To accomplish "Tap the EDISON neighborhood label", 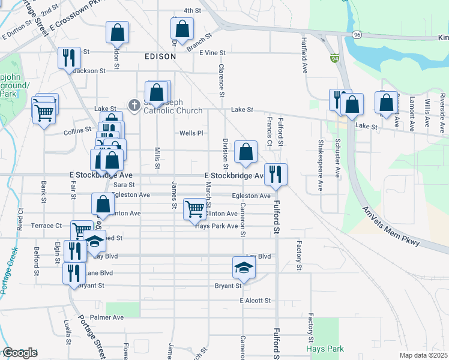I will click(160, 56).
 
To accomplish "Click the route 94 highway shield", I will click(334, 58).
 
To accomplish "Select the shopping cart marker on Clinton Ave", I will click(194, 209).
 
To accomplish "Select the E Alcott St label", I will click(255, 300).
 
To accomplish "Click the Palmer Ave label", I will click(106, 317).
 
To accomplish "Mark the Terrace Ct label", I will click(47, 226).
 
